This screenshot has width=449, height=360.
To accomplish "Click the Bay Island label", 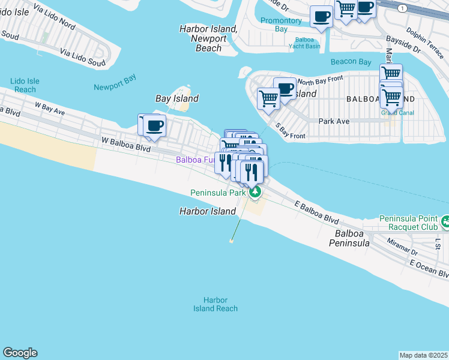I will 176,98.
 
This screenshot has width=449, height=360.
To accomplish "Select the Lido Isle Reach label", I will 25,85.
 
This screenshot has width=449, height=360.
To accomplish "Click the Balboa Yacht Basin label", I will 304,43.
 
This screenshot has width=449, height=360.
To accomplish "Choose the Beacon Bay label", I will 351,62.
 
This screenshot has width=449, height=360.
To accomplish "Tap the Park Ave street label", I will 334,121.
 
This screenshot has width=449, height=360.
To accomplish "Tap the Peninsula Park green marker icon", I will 256,192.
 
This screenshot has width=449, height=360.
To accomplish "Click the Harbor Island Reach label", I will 215,304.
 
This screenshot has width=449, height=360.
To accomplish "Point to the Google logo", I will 20,353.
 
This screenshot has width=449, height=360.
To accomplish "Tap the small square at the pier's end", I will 231,241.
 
